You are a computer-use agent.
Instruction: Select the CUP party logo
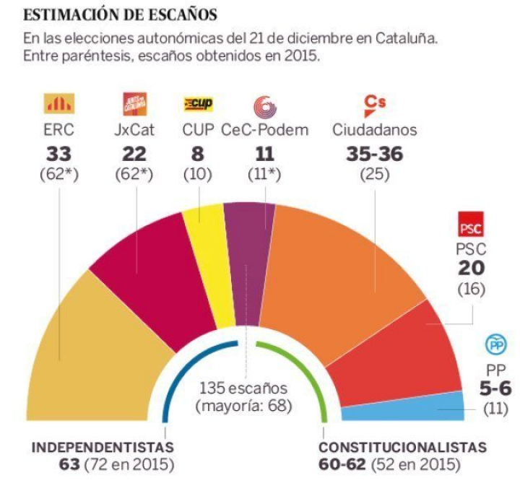point(197,105)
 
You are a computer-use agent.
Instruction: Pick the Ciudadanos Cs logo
point(374,105)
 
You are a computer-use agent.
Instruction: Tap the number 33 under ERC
point(59,154)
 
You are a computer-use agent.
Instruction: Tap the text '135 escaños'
point(243,390)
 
